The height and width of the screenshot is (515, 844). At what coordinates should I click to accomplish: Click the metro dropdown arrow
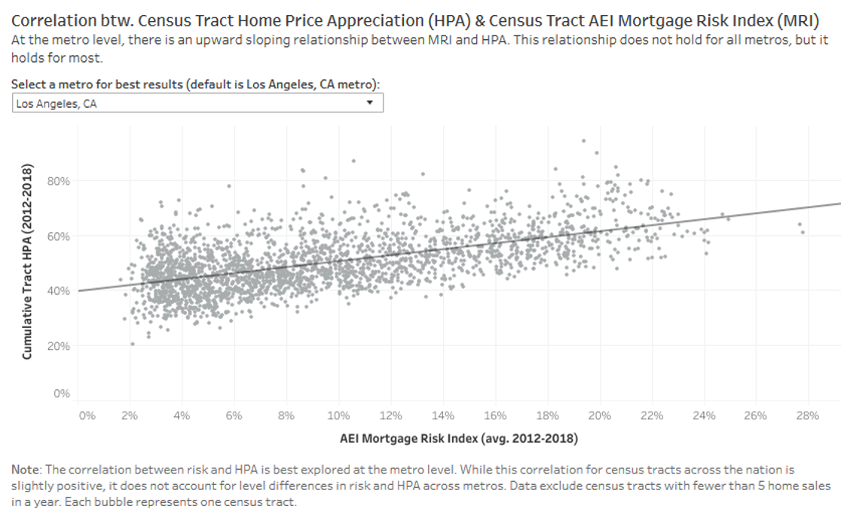coord(369,103)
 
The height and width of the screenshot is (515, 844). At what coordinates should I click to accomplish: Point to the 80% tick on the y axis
coord(60,181)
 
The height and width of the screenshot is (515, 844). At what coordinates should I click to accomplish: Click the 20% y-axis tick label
coord(60,346)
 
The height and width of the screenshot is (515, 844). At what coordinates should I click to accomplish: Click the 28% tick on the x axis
coord(807,415)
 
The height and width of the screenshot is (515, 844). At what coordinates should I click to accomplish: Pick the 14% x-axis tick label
coord(442,415)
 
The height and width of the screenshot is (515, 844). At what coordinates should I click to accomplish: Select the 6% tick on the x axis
coord(234,415)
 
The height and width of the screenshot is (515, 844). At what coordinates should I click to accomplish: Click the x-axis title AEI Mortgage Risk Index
coord(458,437)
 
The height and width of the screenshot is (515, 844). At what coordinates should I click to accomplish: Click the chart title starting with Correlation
coord(415,20)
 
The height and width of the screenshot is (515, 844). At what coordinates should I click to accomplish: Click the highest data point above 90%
coord(583,140)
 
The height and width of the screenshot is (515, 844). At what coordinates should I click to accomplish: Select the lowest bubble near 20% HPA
coord(133,344)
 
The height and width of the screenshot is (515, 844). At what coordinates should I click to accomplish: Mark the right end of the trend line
coord(839,203)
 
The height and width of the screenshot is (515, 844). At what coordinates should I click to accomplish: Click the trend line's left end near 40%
coord(79,290)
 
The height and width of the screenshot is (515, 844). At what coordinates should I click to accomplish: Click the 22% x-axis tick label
coord(651,415)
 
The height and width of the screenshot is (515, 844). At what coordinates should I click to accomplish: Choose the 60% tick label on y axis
coord(60,236)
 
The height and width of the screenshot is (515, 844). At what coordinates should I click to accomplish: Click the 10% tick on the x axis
coord(338,415)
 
